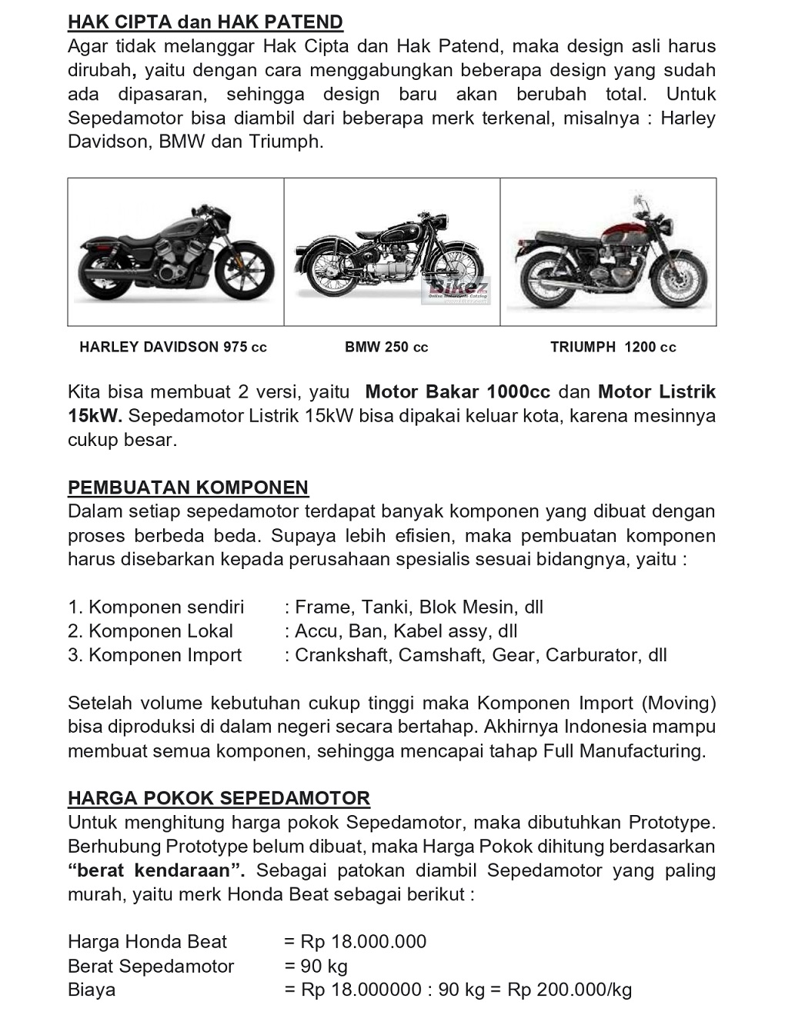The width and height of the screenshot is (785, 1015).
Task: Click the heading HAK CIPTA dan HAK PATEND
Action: pos(205,22)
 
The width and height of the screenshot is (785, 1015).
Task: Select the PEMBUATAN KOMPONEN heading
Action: pos(188,488)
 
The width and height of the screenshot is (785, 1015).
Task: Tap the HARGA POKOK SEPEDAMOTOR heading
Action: pos(219,798)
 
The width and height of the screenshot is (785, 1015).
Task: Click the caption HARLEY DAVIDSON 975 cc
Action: pos(173,347)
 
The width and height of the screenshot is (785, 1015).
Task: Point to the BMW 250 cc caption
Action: pos(386,347)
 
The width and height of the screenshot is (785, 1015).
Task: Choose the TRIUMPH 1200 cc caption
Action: pos(613,347)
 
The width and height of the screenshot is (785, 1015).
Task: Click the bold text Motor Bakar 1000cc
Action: pos(458,392)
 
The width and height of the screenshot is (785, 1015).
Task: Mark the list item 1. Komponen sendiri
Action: pos(156,607)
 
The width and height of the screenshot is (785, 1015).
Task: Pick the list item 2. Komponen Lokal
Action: pos(151,631)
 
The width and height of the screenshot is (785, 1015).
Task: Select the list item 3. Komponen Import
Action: pos(155,655)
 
